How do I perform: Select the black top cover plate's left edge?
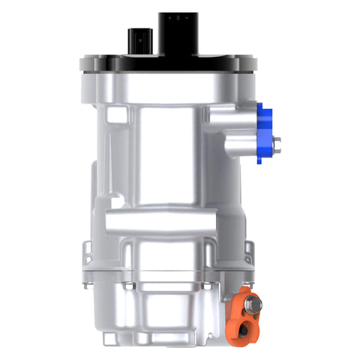pyautogui.click(x=81, y=64)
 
